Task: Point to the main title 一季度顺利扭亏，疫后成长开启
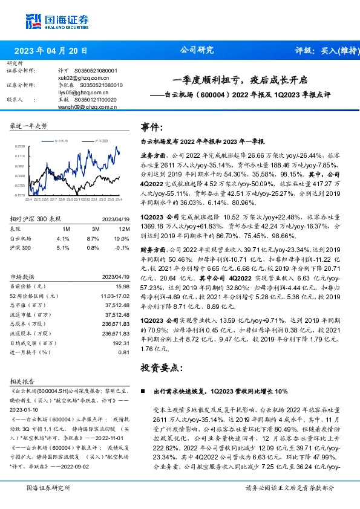(x=240, y=79)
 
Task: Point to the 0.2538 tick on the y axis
(x=21, y=146)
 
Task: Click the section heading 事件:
(x=151, y=127)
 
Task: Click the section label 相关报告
(x=23, y=382)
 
